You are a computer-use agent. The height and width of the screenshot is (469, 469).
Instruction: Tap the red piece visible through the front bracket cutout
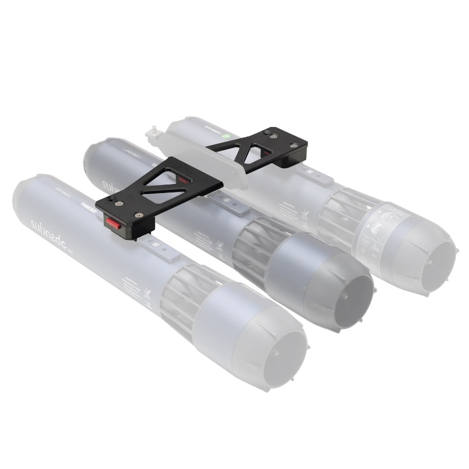pos(183,179)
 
